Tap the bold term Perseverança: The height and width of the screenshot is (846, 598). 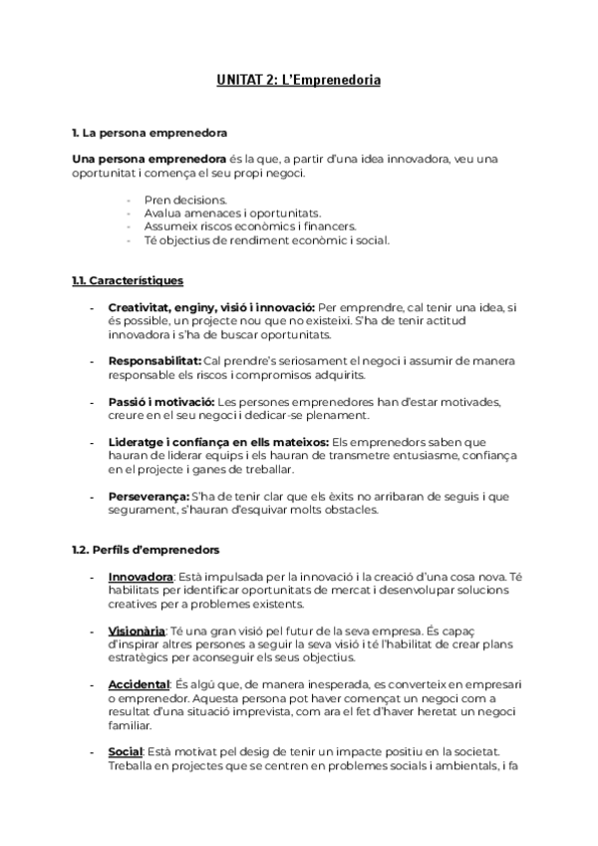click(x=149, y=497)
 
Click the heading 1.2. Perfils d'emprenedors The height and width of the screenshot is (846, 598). click(x=147, y=550)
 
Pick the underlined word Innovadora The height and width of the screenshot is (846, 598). click(x=141, y=577)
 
